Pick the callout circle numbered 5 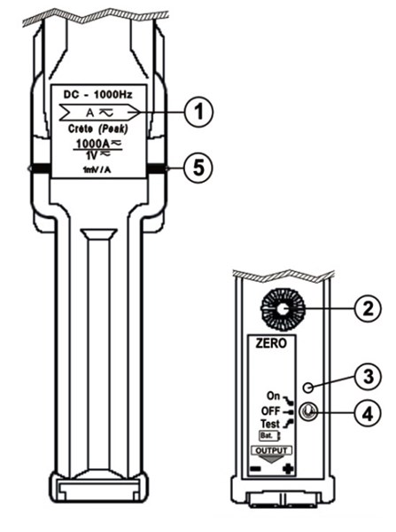[x=201, y=167]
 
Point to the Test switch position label [x=269, y=424]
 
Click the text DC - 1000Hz [x=97, y=94]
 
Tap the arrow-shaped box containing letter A [x=97, y=112]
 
